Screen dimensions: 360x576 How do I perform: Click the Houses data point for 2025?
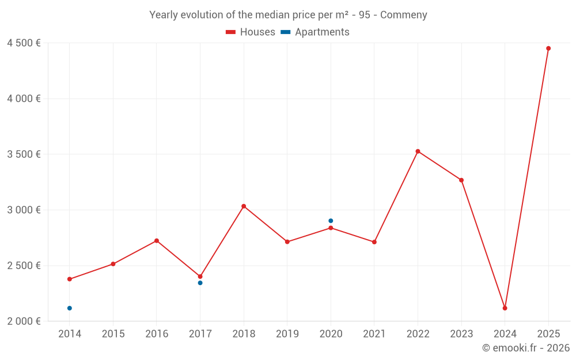tap(548, 48)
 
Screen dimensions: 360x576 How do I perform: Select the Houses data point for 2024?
tap(505, 308)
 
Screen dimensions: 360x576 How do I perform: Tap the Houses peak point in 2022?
tap(418, 151)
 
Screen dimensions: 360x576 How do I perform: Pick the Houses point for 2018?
tap(244, 206)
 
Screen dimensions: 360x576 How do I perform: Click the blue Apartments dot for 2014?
tap(70, 308)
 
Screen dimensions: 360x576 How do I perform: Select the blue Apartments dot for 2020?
tap(331, 221)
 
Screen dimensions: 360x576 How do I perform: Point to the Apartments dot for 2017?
tap(200, 283)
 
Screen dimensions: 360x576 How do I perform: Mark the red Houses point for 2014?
tap(70, 279)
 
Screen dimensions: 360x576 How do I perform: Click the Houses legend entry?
tap(251, 32)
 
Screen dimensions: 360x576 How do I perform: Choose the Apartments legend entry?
tap(315, 32)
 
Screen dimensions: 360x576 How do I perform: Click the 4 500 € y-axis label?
tap(24, 43)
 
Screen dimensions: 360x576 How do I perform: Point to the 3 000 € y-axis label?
tap(24, 210)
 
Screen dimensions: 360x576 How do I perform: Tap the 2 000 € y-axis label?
tap(24, 321)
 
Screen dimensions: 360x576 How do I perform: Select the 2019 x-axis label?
tap(287, 334)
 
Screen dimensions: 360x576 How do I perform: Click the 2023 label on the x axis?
tap(461, 334)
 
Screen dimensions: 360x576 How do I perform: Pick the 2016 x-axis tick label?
tap(157, 334)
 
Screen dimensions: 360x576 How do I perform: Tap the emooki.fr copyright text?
tap(526, 348)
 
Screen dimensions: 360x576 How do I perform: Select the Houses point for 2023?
tap(461, 180)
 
